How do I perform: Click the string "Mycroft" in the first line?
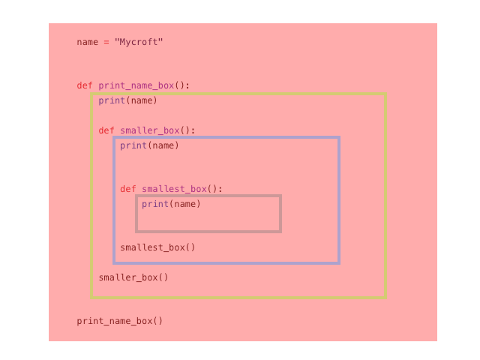(139, 42)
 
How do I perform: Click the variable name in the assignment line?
(87, 42)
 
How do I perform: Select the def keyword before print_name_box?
(84, 85)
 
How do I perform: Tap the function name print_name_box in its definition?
(136, 85)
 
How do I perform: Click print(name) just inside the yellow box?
(127, 100)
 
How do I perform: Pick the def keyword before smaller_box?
(106, 130)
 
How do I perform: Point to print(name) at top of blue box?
(149, 145)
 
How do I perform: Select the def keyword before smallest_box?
(127, 189)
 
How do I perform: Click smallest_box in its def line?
(174, 189)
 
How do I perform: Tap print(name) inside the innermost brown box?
(171, 204)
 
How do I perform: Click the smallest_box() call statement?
(157, 247)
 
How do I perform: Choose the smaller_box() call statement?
(133, 277)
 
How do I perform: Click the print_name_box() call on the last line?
(119, 321)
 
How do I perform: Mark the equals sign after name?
(106, 42)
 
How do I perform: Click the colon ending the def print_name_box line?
(187, 85)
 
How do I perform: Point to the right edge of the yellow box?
(385, 195)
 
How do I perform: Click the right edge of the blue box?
(339, 199)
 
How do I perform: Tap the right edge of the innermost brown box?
(280, 214)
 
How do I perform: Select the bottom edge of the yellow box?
(238, 298)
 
